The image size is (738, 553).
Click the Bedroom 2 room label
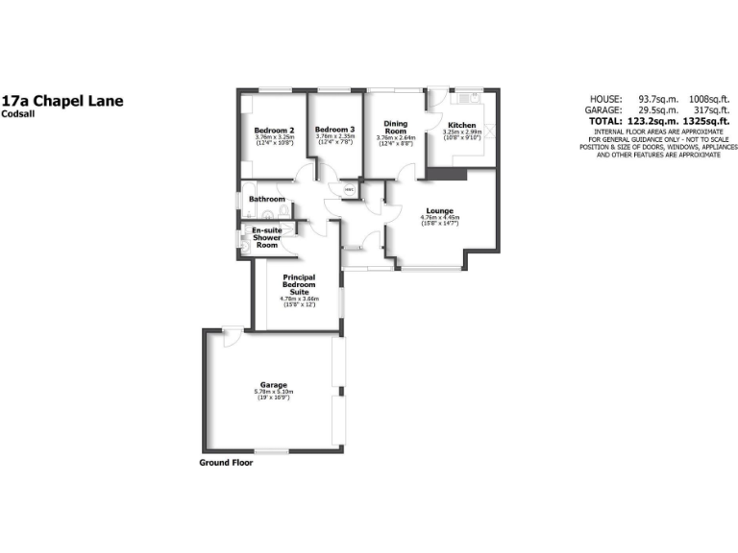pyautogui.click(x=274, y=130)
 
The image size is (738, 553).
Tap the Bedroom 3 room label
pyautogui.click(x=335, y=130)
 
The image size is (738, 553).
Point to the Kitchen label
pyautogui.click(x=461, y=126)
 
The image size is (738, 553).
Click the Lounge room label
pyautogui.click(x=441, y=210)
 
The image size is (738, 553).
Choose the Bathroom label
pyautogui.click(x=267, y=200)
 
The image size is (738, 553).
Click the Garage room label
pyautogui.click(x=274, y=384)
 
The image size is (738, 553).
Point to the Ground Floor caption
pyautogui.click(x=226, y=462)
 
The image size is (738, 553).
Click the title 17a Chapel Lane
pyautogui.click(x=62, y=100)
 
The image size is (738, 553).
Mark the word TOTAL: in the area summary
pyautogui.click(x=604, y=123)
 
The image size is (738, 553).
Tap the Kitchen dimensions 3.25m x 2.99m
pyautogui.click(x=461, y=132)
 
